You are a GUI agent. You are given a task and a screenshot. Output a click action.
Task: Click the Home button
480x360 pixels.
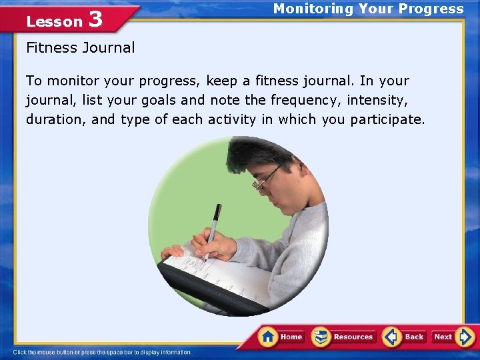pos(281,337)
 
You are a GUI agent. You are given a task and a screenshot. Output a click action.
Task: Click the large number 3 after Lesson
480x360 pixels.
pos(95,19)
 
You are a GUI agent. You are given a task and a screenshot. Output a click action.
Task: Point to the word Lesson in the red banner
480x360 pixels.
pos(54,22)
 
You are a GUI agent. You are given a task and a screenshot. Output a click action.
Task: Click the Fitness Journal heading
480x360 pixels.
pos(80,47)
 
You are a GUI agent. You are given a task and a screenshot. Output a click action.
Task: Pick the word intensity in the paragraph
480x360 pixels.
pos(380,100)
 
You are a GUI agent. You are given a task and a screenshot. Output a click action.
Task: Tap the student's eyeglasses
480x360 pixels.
pos(265,179)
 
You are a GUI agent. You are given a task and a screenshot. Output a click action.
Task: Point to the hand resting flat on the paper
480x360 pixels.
pos(173,251)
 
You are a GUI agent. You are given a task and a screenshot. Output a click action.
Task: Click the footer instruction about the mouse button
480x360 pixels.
pos(103,352)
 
